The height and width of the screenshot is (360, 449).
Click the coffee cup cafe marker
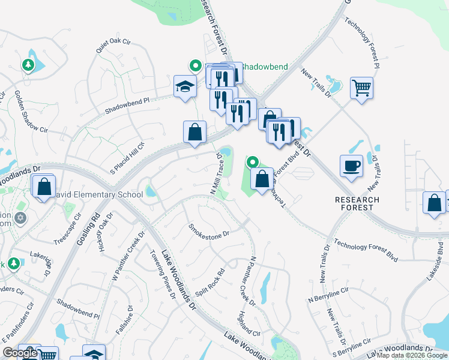351,166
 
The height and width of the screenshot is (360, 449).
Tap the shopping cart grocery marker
361,88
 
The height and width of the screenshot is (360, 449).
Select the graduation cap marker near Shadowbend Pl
185,86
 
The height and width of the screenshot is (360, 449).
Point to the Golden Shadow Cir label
31,112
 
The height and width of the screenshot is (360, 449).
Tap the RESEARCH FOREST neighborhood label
357,203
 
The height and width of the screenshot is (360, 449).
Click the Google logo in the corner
20,353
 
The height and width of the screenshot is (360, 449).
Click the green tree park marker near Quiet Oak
28,64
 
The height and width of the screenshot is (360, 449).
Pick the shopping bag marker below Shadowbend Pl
194,132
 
